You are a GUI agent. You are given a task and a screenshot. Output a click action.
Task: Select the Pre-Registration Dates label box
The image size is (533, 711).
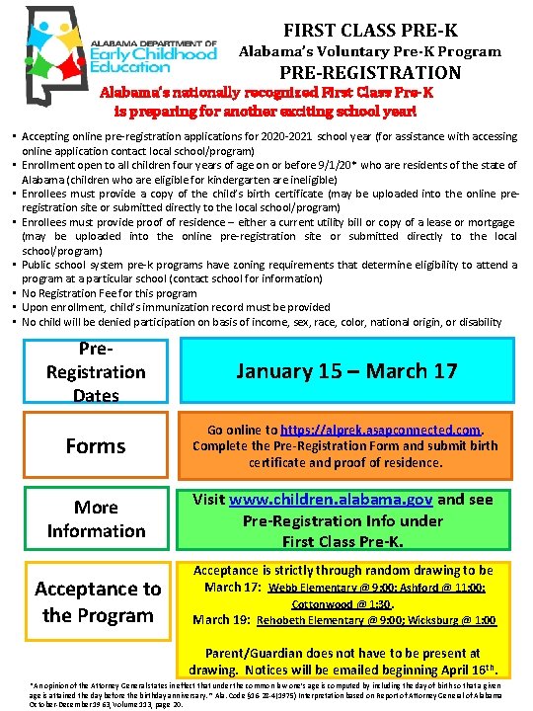pos(96,372)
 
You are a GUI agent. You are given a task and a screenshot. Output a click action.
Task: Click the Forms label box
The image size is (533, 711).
pos(96,445)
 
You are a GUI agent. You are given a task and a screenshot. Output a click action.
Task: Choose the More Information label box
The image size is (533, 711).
pos(96,518)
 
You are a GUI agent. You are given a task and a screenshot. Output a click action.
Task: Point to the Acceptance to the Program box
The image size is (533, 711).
pos(98,601)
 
